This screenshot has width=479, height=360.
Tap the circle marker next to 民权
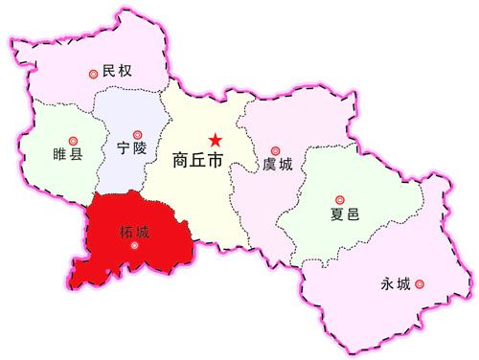click(x=93, y=72)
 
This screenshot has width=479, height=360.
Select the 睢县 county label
click(x=68, y=153)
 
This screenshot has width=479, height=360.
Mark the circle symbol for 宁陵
click(x=137, y=134)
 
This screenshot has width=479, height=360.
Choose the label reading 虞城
click(x=278, y=165)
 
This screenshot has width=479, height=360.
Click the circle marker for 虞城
click(x=275, y=149)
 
